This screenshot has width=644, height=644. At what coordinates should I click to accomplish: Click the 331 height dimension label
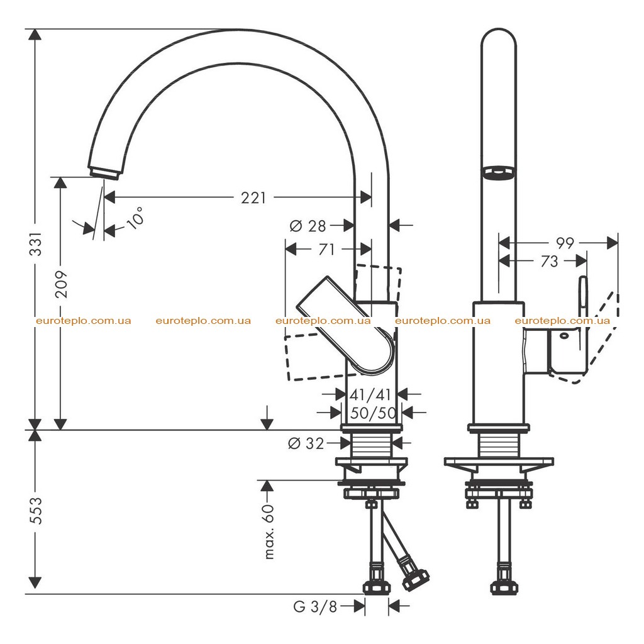click(x=36, y=243)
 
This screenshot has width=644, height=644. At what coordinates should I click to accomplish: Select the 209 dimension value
click(x=61, y=284)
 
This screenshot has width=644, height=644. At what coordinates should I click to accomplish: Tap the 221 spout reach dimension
click(x=253, y=198)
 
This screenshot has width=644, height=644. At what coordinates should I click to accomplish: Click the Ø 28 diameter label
click(x=308, y=226)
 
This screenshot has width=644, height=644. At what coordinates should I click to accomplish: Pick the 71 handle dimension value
click(x=327, y=249)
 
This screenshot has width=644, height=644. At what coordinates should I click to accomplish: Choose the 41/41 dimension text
click(x=370, y=395)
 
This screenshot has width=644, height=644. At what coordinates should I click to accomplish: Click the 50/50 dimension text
click(x=372, y=413)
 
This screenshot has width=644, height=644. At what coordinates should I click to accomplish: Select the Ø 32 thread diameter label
click(x=306, y=443)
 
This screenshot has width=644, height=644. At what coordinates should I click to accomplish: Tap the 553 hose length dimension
click(x=36, y=511)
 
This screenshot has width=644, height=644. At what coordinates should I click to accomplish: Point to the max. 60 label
click(x=269, y=531)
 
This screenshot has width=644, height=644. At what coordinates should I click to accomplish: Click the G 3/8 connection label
click(x=316, y=607)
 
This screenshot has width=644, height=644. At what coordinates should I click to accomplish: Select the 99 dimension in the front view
click(x=565, y=243)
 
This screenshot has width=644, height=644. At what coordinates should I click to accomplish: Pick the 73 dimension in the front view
click(x=550, y=261)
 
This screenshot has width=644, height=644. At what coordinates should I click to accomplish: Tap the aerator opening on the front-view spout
click(x=499, y=172)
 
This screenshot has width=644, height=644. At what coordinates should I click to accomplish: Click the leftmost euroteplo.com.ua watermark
click(x=84, y=321)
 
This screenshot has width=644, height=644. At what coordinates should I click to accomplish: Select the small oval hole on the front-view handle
click(x=564, y=336)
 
